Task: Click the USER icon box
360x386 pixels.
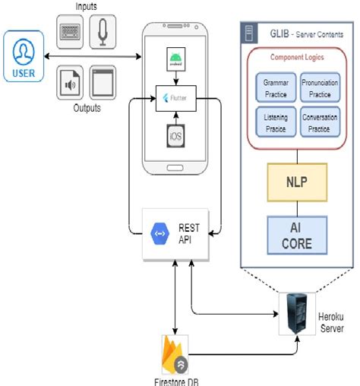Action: pyautogui.click(x=24, y=56)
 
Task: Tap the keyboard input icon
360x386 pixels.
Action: pyautogui.click(x=72, y=30)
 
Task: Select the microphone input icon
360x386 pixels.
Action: pyautogui.click(x=103, y=30)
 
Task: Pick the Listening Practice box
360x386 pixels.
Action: pyautogui.click(x=271, y=123)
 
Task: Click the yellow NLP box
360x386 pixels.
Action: pyautogui.click(x=295, y=183)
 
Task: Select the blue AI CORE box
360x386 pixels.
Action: pyautogui.click(x=295, y=236)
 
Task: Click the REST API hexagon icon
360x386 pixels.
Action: pyautogui.click(x=160, y=233)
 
